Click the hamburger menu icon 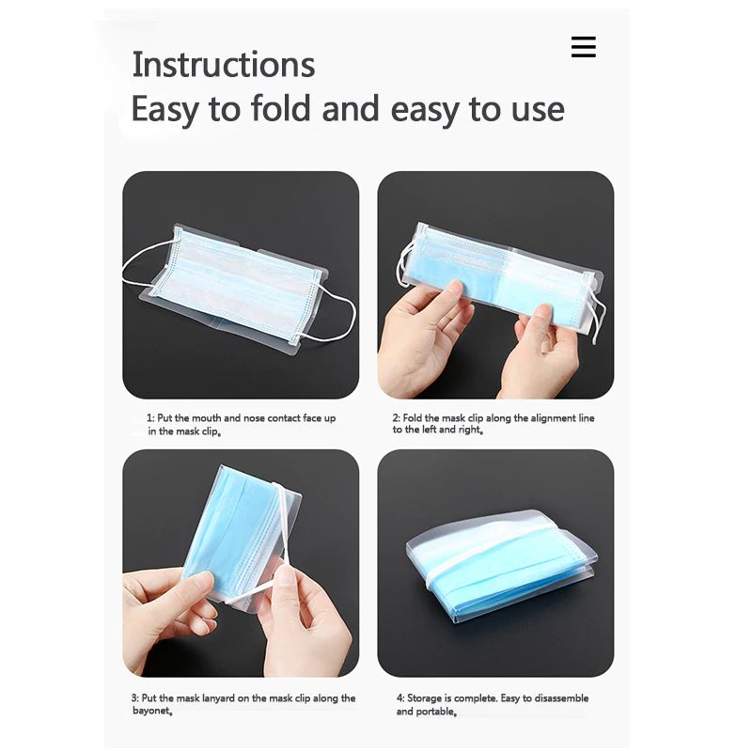pyautogui.click(x=583, y=47)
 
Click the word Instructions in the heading pyautogui.click(x=224, y=65)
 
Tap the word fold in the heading pyautogui.click(x=281, y=108)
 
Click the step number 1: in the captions pyautogui.click(x=150, y=418)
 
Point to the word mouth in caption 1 pyautogui.click(x=206, y=418)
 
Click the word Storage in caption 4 pyautogui.click(x=425, y=698)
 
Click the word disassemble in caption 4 pyautogui.click(x=561, y=698)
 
